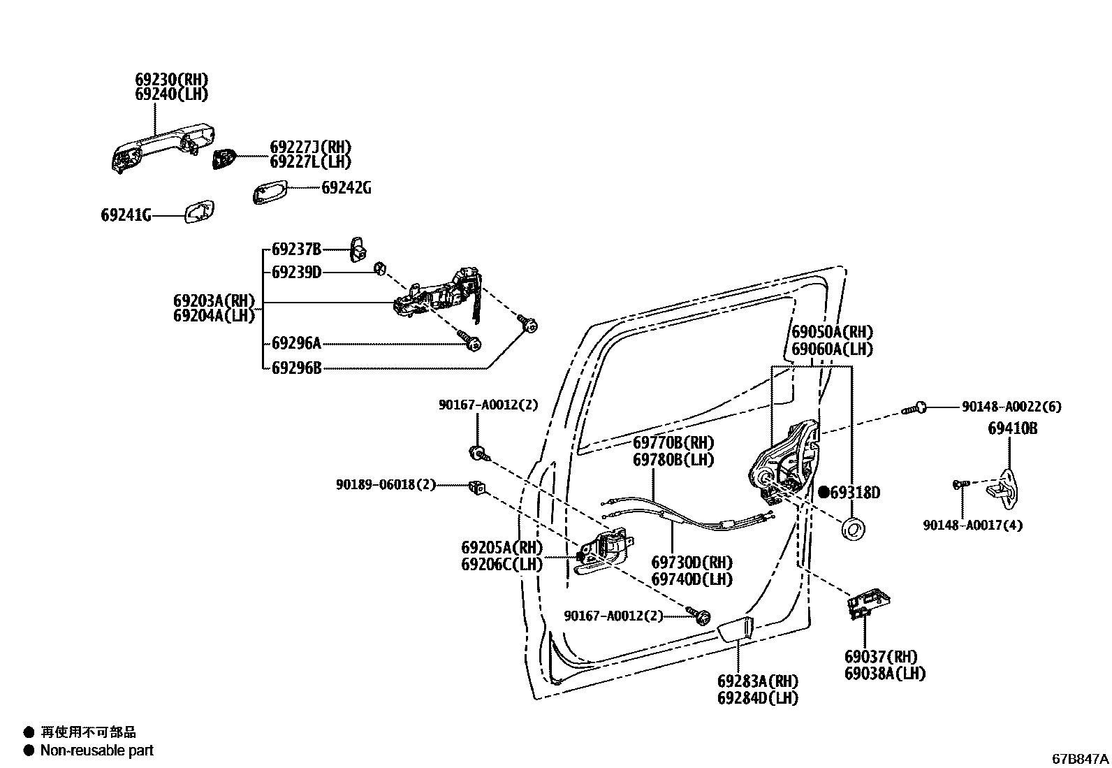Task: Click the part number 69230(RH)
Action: click(x=171, y=80)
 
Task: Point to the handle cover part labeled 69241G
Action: click(x=200, y=212)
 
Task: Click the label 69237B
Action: click(x=296, y=249)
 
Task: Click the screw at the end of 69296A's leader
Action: click(x=471, y=342)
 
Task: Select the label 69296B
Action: click(x=296, y=368)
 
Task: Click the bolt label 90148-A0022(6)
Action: click(x=1011, y=407)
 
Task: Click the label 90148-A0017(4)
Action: click(x=972, y=526)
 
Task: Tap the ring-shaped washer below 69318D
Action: click(x=853, y=529)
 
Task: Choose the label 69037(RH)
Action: click(x=880, y=657)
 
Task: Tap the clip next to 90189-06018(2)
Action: click(x=477, y=486)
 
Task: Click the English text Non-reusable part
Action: click(x=96, y=751)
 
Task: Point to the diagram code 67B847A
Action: click(x=1080, y=759)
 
